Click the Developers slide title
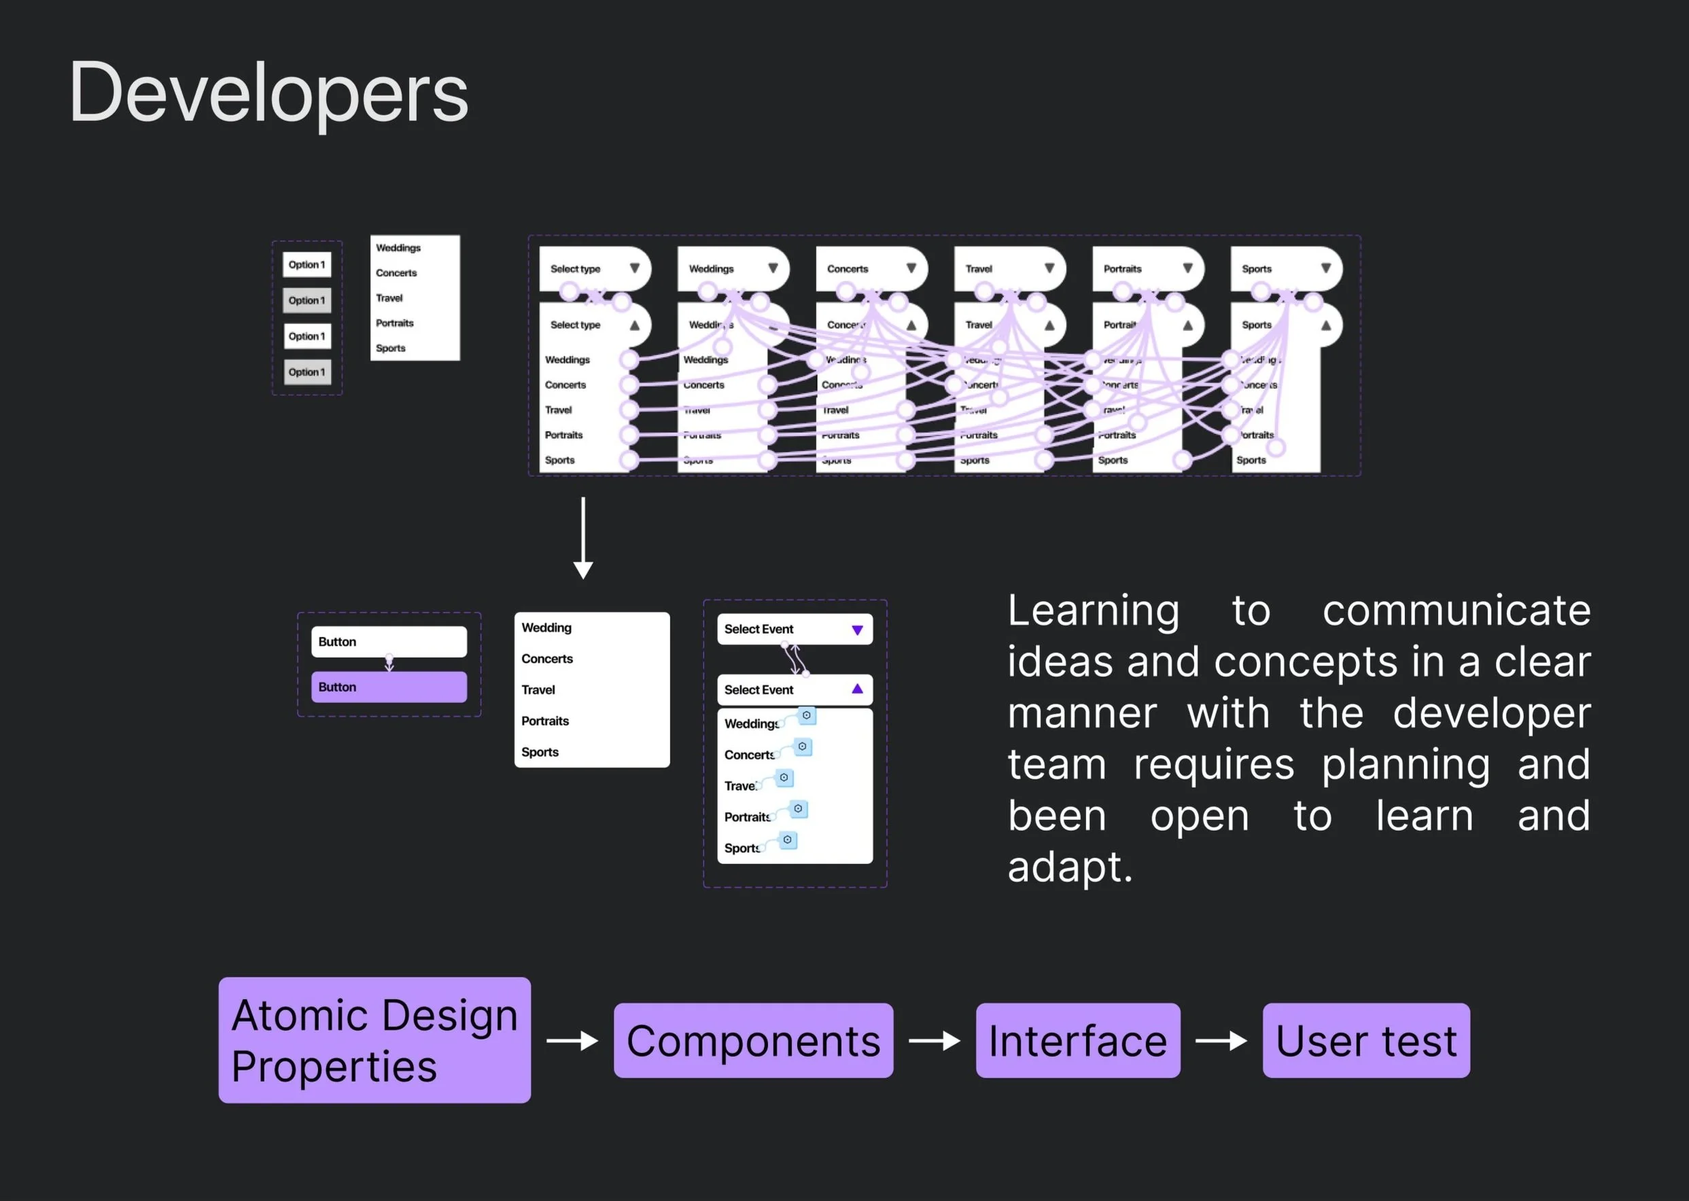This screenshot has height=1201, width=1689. pos(268,93)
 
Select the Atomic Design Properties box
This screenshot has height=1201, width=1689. pos(375,1040)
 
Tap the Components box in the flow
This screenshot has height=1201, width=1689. pos(753,1041)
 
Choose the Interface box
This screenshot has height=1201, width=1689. pos(1077,1041)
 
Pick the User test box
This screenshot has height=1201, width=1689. pos(1365,1041)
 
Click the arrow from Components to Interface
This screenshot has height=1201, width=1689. pos(935,1041)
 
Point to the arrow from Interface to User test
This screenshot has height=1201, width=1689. pos(1221,1041)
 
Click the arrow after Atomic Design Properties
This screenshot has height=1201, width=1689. pos(572,1041)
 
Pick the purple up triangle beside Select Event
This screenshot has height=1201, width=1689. pos(858,689)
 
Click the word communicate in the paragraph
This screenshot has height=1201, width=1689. pos(1456,611)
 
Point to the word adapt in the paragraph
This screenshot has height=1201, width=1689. pos(1069,867)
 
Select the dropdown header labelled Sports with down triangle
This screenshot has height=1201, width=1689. pos(1285,268)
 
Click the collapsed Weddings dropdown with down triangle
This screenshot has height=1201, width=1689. pos(732,268)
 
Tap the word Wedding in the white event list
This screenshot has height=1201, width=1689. pos(546,628)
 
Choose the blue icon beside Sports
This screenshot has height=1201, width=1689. pos(788,840)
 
